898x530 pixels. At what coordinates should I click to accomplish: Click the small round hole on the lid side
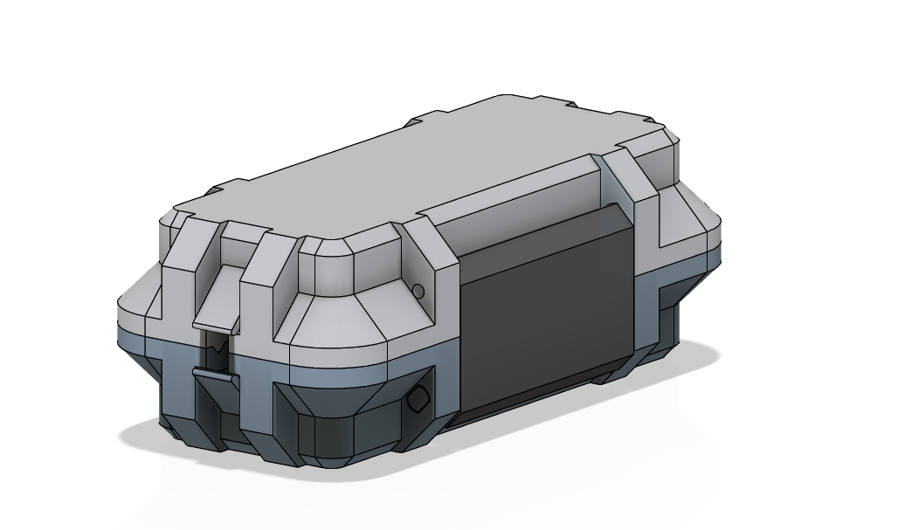[x=418, y=291]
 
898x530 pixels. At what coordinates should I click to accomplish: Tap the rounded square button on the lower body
[x=418, y=400]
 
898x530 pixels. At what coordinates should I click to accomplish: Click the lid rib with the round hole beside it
[x=435, y=262]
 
